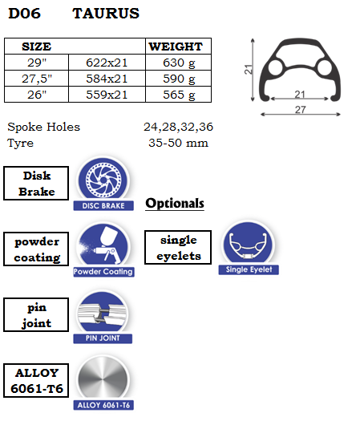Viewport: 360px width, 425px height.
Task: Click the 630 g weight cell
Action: [178, 63]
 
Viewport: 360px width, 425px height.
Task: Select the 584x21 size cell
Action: [107, 79]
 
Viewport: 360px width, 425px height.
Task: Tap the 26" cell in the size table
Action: [37, 95]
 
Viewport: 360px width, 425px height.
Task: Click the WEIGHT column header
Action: [176, 47]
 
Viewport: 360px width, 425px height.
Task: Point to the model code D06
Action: [24, 14]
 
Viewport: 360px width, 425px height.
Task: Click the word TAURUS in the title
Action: [106, 14]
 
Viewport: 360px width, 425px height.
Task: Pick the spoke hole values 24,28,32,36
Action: [178, 127]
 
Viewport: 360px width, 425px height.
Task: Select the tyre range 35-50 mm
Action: [178, 143]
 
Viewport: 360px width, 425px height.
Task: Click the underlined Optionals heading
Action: [175, 204]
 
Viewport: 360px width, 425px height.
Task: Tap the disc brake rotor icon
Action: [103, 180]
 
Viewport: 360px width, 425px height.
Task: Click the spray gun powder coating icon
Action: [103, 245]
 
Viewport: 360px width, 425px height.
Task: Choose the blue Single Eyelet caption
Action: [249, 269]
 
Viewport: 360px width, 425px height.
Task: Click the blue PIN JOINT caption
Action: [103, 338]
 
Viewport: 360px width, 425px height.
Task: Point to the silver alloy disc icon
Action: [103, 379]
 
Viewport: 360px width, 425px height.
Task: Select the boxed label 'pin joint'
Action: [36, 314]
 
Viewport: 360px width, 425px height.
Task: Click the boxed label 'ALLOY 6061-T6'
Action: [36, 381]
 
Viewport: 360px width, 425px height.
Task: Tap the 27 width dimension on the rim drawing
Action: [301, 110]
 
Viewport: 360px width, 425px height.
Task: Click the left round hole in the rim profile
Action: [276, 67]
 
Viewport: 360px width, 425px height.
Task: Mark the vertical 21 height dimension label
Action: [249, 70]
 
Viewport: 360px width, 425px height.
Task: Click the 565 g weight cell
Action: [178, 95]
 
